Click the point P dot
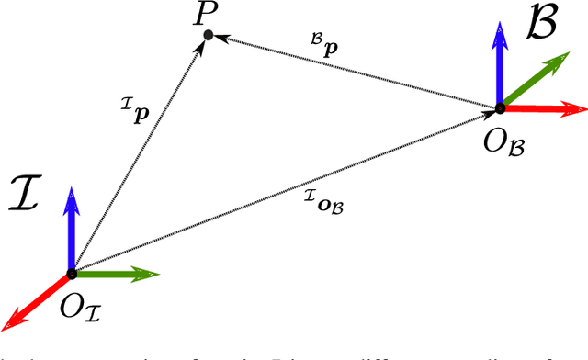(x=208, y=35)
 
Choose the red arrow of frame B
(x=547, y=108)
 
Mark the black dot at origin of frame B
(x=501, y=108)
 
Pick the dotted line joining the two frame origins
(x=285, y=191)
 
